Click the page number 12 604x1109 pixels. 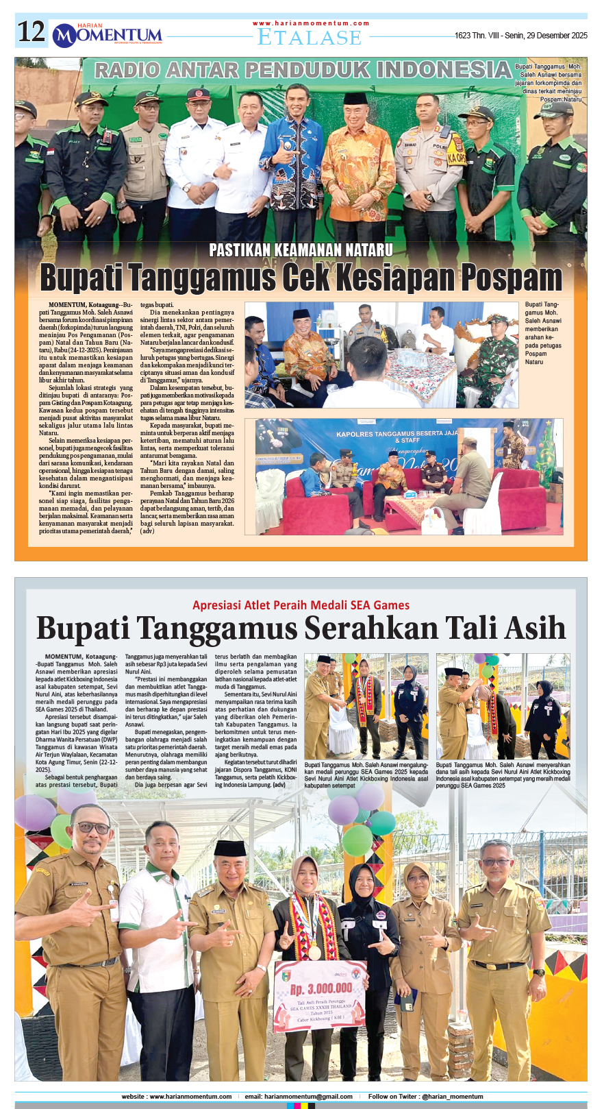point(32,32)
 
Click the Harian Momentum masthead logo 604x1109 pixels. point(108,34)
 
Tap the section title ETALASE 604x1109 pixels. point(309,38)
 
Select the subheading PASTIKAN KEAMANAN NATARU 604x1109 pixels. point(301,250)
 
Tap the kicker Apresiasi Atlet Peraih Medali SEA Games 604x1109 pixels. point(301,605)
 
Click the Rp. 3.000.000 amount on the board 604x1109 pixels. point(320,988)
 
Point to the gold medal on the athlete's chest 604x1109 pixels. point(314,952)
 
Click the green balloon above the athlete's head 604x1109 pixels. point(357,840)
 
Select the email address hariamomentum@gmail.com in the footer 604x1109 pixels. point(308,1097)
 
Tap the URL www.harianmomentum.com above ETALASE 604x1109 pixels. point(311,23)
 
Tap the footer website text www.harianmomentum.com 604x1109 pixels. point(190,1097)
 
